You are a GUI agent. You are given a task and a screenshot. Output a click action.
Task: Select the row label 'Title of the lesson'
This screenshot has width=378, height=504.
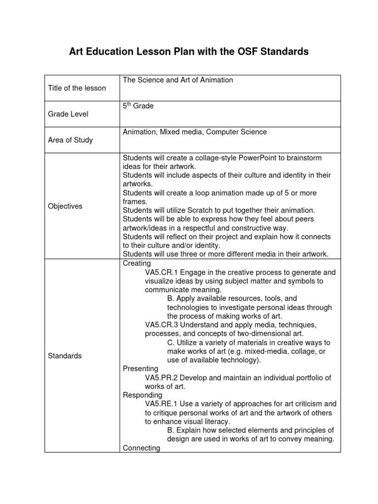[77, 88]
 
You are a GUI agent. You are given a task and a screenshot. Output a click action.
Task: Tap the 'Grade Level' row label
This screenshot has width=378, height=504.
[68, 114]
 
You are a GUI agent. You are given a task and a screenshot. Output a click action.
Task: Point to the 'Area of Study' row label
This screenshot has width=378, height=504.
[70, 140]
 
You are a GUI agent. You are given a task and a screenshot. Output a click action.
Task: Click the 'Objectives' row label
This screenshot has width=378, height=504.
[65, 206]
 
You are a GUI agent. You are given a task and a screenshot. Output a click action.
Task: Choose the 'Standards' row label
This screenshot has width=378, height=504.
[65, 355]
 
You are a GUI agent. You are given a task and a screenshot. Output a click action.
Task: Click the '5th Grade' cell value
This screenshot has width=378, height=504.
[138, 106]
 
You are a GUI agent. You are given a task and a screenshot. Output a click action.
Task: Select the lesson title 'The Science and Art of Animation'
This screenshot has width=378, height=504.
[178, 80]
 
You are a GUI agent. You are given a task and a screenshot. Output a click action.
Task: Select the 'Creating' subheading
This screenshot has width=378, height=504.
[137, 263]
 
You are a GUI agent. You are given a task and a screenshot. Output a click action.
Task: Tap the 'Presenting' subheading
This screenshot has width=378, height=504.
[140, 369]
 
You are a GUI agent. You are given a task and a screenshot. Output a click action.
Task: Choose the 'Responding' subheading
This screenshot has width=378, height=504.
[142, 395]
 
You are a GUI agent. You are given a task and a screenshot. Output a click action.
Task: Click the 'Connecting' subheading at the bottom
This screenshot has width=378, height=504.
[141, 448]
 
